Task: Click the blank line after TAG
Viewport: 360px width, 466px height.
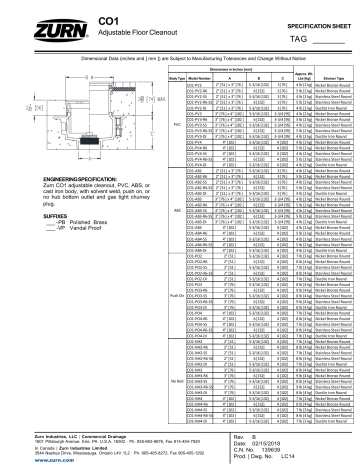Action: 329,40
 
